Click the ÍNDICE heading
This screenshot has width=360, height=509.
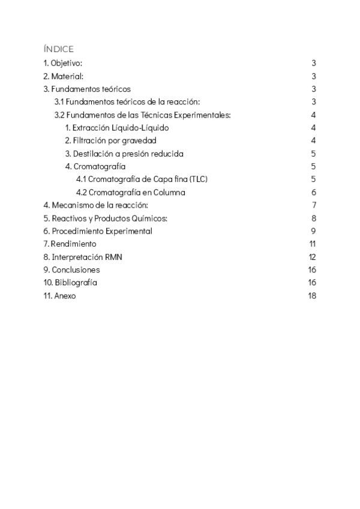point(58,49)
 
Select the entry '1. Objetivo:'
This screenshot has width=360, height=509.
point(63,63)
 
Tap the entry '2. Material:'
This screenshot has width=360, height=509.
point(63,76)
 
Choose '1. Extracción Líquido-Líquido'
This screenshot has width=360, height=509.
point(117,128)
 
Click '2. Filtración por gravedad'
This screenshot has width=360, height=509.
point(110,140)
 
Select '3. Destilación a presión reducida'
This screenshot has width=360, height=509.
point(124,154)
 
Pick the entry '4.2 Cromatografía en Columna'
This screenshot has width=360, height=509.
point(131,193)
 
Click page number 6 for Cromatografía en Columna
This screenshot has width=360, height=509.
point(314,193)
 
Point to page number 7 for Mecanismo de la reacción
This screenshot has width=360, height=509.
point(314,205)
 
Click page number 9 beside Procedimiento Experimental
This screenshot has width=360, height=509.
point(314,231)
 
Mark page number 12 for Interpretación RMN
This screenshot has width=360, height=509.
point(312,257)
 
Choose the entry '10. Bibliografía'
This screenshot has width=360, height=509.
point(70,283)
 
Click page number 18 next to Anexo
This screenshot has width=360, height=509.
point(312,296)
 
